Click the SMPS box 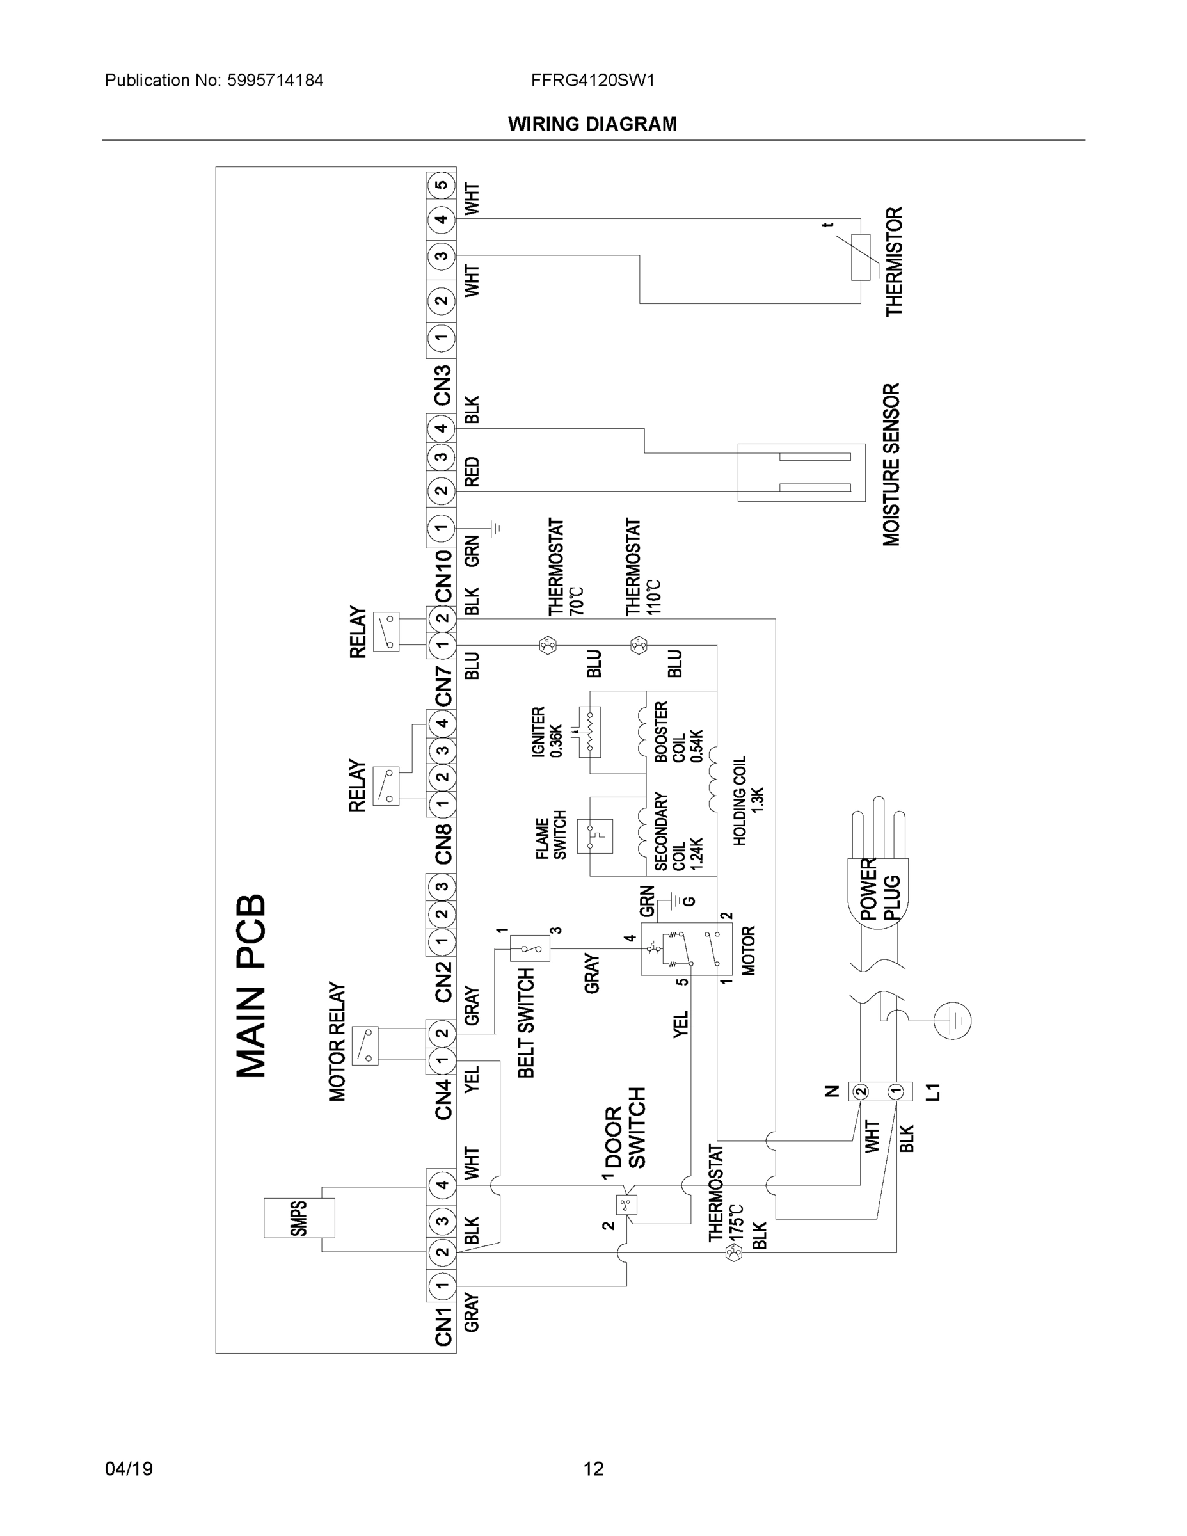point(299,1218)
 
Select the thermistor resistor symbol point(860,257)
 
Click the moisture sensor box point(801,472)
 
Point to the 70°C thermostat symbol point(547,644)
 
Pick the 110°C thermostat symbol point(638,644)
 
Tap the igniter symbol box point(589,732)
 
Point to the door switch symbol point(625,1204)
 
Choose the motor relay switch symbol point(364,1046)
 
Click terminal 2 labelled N point(860,1091)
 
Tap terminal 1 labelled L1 point(896,1091)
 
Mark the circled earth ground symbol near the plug point(952,1019)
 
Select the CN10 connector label point(443,577)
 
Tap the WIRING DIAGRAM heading point(592,125)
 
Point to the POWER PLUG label point(879,890)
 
